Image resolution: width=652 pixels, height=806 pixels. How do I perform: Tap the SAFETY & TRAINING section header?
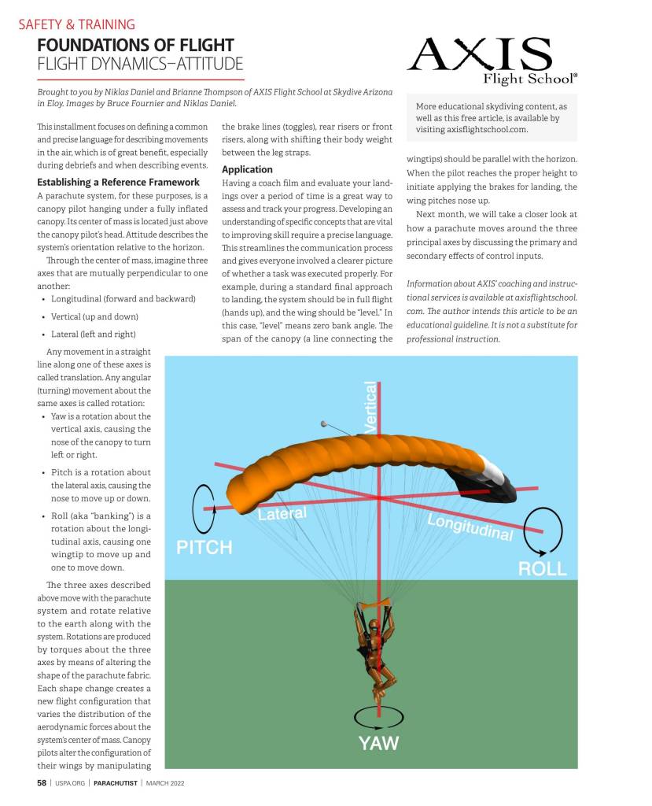tap(76, 24)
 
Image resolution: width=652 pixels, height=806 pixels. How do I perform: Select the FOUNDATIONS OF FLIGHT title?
tap(135, 45)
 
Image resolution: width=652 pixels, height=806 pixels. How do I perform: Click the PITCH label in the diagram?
tap(204, 547)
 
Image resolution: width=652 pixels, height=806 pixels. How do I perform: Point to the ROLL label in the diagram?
tap(543, 568)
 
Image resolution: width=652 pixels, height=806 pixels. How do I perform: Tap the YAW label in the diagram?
tap(378, 742)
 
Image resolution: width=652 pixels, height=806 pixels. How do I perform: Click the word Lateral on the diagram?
tap(282, 515)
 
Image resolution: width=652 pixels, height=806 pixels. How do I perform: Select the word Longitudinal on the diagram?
tap(470, 528)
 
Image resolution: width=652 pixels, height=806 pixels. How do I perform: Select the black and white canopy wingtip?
tap(499, 482)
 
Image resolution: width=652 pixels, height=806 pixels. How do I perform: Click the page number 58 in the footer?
tap(42, 783)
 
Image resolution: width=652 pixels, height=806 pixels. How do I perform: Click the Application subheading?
tap(247, 169)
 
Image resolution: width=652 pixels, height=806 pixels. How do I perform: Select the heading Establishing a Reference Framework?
tap(118, 183)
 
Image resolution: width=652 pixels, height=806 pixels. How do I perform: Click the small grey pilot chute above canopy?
tap(324, 423)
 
